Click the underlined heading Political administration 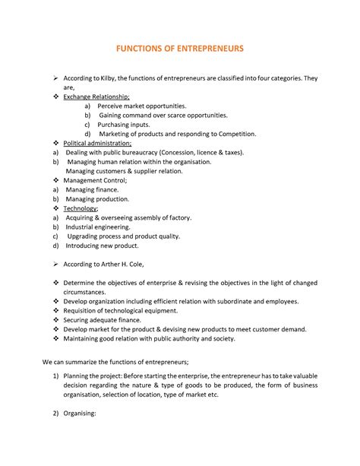point(97,142)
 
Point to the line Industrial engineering point(98,226)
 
